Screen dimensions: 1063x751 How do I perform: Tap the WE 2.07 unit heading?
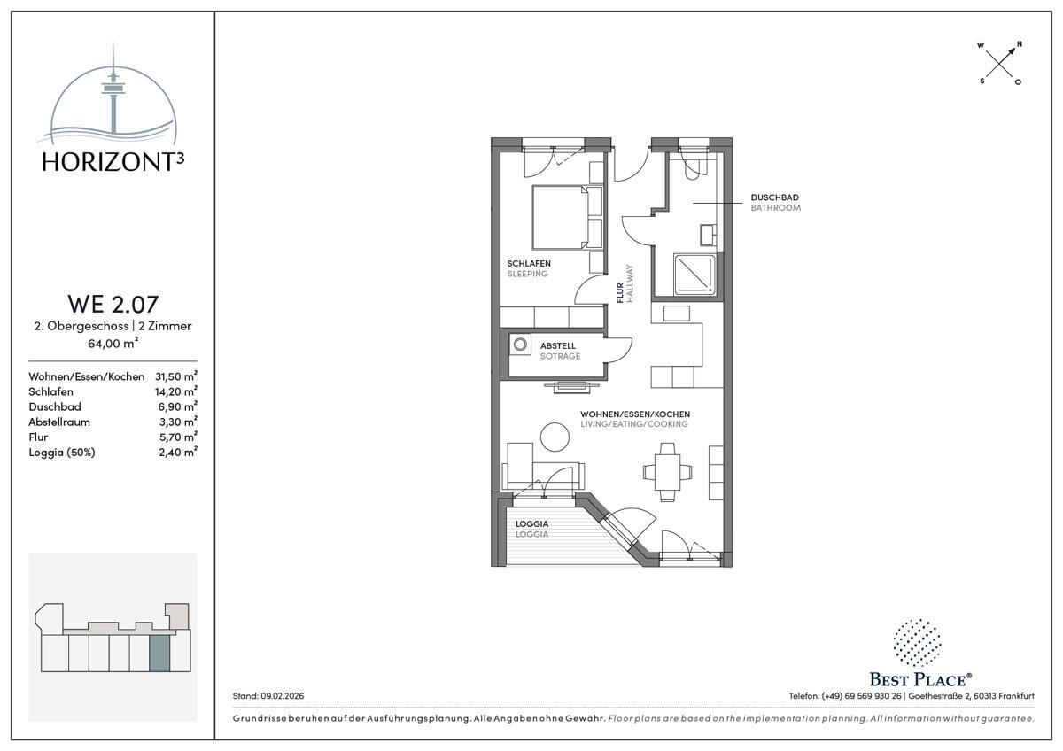pos(113,304)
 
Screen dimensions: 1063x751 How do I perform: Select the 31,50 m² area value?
pos(176,376)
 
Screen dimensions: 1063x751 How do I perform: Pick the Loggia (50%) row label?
pos(62,453)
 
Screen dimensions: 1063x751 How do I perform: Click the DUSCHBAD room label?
pos(774,197)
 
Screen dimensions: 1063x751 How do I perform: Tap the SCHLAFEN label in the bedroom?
pos(529,263)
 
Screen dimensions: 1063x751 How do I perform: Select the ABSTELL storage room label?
pos(557,346)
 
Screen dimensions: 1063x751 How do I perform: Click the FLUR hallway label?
pos(620,293)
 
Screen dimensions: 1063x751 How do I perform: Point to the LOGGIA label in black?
pos(532,523)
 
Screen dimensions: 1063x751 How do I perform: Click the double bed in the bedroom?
pos(567,217)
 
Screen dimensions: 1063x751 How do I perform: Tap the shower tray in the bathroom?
pos(694,275)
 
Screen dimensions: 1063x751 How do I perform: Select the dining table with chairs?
pos(667,471)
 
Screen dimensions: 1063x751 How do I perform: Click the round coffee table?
pos(555,437)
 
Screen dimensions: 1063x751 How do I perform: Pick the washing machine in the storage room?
pos(520,345)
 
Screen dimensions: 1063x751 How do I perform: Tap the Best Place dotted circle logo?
pos(917,642)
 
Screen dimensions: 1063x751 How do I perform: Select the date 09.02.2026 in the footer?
pos(283,696)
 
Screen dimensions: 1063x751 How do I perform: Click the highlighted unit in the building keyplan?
pos(159,654)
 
